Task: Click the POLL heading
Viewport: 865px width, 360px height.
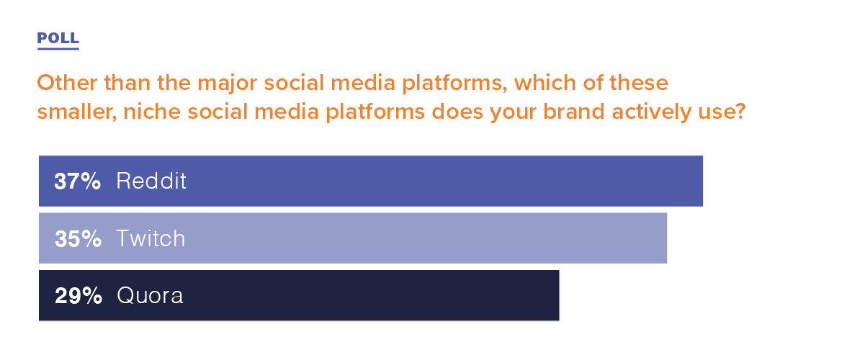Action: click(x=58, y=38)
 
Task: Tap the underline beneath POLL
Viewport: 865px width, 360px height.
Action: click(x=58, y=49)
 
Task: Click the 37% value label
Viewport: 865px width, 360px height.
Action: click(x=78, y=181)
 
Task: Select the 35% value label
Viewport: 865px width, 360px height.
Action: click(x=78, y=238)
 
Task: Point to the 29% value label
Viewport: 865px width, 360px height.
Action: click(x=79, y=296)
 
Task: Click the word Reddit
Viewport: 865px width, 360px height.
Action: click(x=151, y=181)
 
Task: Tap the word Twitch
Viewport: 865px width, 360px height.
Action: click(x=151, y=238)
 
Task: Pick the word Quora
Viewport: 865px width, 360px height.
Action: click(x=150, y=296)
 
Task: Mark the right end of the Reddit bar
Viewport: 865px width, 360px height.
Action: click(x=702, y=181)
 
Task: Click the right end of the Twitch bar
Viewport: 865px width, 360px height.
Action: click(x=666, y=238)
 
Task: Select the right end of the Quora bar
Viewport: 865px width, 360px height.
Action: click(x=559, y=296)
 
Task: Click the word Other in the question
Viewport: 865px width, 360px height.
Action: click(x=67, y=83)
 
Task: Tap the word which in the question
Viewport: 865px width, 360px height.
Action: click(x=545, y=83)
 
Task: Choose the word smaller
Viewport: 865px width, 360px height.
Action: click(x=77, y=112)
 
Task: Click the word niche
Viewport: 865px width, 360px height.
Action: click(x=152, y=112)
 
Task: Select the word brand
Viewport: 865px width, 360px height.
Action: click(x=574, y=112)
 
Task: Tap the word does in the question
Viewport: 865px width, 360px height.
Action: click(x=457, y=112)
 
